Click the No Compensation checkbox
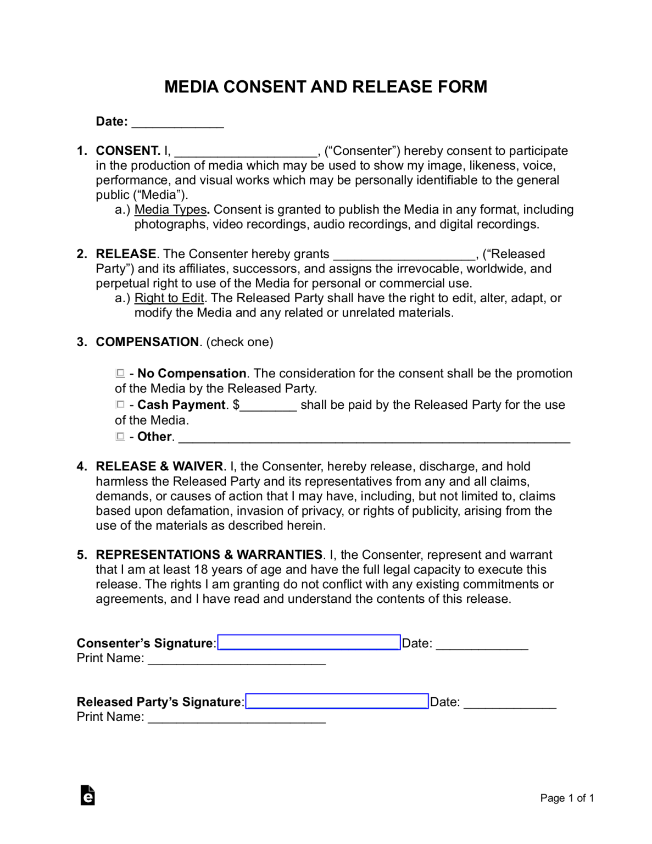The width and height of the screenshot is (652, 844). [120, 373]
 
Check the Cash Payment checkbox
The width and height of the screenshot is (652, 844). [120, 404]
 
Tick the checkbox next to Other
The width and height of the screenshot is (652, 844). [120, 436]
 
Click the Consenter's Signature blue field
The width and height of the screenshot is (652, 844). [309, 642]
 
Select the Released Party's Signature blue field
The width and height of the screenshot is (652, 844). [337, 701]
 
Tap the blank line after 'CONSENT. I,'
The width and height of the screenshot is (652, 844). [246, 152]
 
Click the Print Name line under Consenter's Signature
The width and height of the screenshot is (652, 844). [237, 659]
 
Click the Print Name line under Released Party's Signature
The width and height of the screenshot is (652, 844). [237, 718]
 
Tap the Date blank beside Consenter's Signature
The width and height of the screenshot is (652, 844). [482, 645]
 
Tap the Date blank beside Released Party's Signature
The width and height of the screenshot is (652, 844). [510, 704]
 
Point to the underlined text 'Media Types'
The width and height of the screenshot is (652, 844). [170, 209]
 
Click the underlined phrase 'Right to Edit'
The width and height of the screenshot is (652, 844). [169, 298]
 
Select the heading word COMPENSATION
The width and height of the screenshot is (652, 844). [147, 342]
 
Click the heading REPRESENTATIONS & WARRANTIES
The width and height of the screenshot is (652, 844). [209, 554]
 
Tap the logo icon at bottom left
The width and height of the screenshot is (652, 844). [87, 795]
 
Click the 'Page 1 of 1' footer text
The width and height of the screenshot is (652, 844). [567, 798]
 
